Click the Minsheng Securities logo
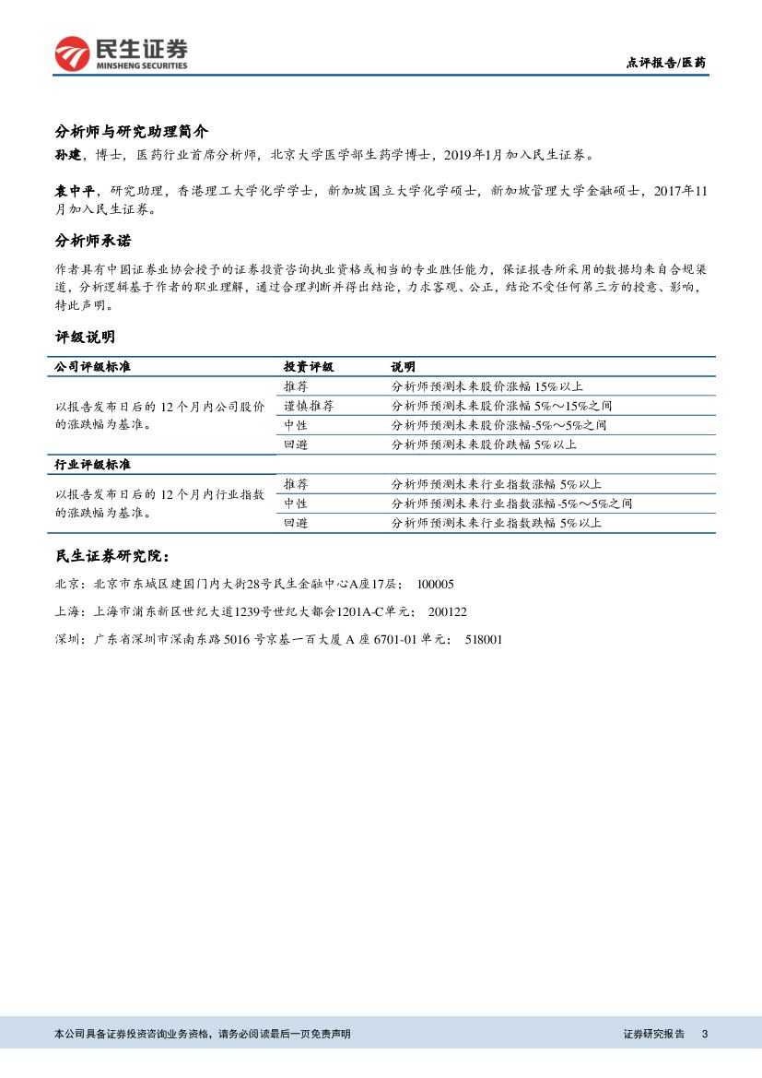[x=121, y=53]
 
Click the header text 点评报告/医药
[x=665, y=63]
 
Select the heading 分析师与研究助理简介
[x=132, y=131]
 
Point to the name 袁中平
[x=75, y=192]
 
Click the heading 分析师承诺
[x=93, y=241]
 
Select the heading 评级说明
[x=85, y=338]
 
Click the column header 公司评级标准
[x=93, y=366]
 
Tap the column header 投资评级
[x=309, y=366]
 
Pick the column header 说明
[x=403, y=366]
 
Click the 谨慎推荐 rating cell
[x=309, y=406]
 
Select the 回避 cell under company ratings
[x=296, y=444]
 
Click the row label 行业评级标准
[x=93, y=464]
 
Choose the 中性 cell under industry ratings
[x=296, y=503]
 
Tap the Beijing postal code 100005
[x=435, y=585]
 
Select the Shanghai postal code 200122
[x=448, y=611]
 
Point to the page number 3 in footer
[x=705, y=1035]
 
